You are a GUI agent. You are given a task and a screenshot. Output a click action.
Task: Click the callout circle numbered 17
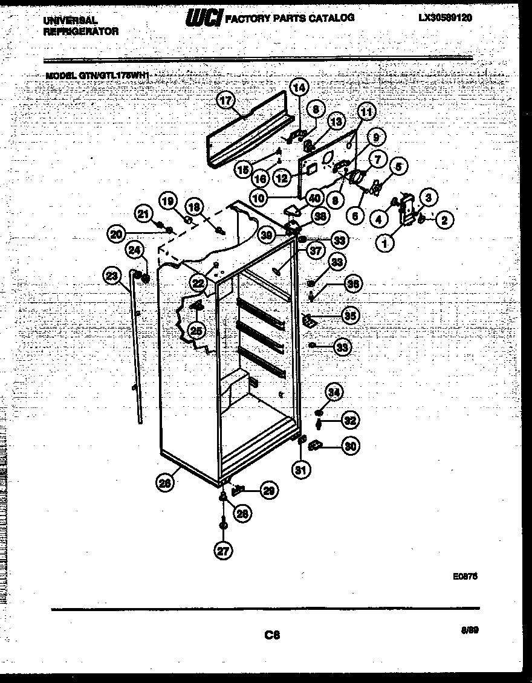coord(226,102)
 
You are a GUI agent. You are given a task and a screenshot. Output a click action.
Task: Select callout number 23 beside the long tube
coord(111,276)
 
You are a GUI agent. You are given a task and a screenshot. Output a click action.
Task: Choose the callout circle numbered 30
coord(349,447)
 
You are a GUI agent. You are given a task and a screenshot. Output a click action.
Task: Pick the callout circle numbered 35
coord(349,315)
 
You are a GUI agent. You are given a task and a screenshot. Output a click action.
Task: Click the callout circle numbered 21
coord(143,213)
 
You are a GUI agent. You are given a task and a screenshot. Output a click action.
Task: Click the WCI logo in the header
coord(204,19)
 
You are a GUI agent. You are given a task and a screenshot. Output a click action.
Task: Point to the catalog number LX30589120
coord(444,18)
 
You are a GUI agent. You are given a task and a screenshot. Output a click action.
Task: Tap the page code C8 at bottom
coord(273,635)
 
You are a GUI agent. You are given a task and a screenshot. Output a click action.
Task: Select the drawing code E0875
coord(465,577)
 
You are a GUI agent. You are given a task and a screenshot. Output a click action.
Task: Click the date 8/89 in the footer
coord(469,630)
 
